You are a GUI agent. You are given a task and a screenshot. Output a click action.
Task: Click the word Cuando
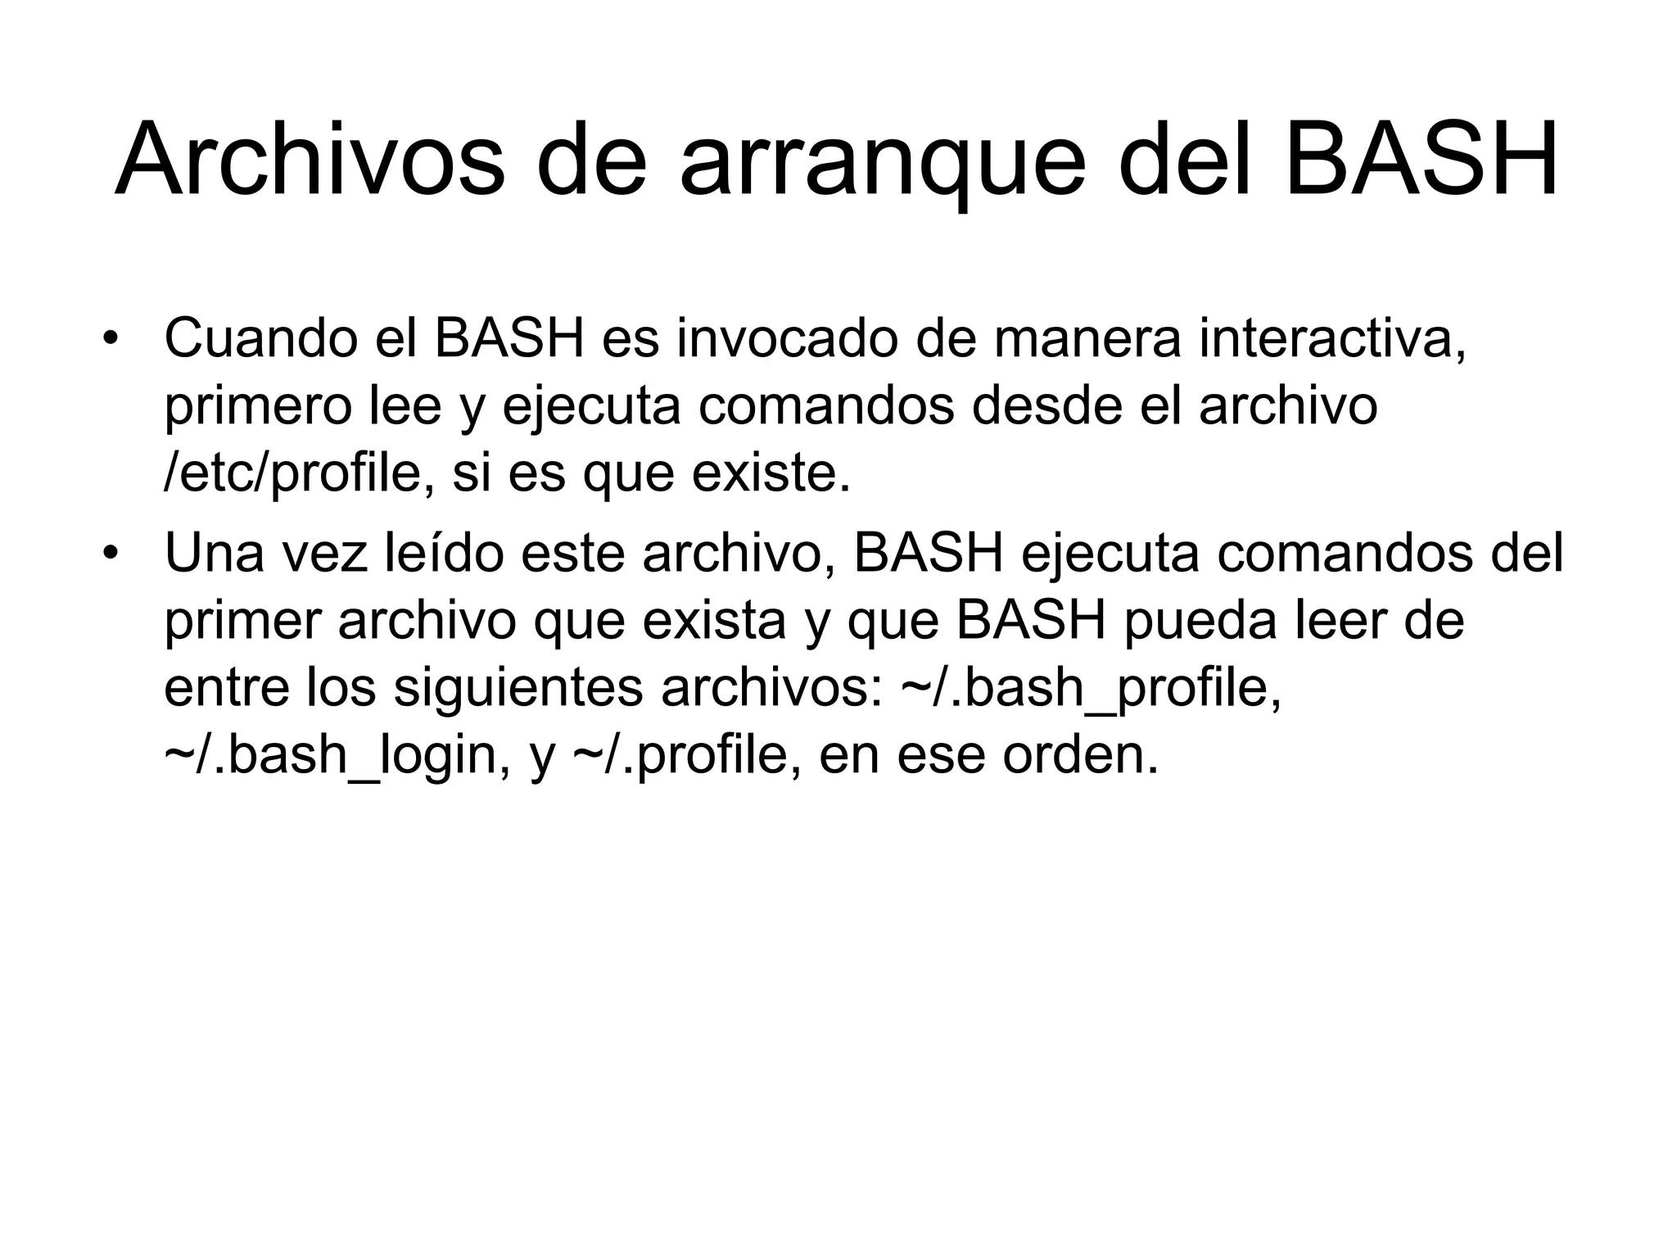point(261,337)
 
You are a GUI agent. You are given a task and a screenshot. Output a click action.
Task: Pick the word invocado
point(786,337)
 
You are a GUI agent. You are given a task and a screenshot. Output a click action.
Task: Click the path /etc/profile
point(292,473)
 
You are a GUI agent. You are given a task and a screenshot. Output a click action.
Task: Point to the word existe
point(770,473)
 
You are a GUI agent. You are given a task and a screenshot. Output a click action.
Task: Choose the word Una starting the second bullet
point(215,552)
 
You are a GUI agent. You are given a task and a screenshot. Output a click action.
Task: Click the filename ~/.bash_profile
point(1090,689)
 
